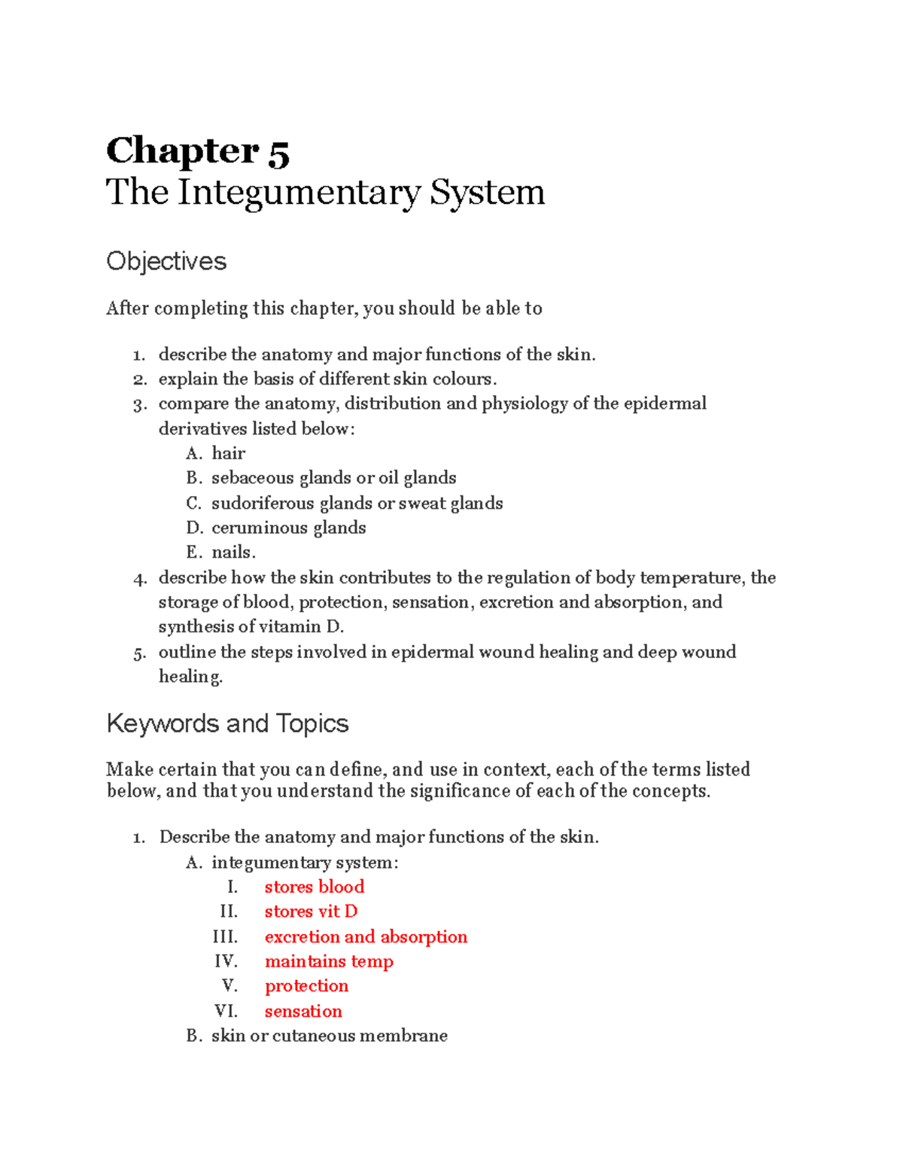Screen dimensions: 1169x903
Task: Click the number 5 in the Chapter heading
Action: point(278,152)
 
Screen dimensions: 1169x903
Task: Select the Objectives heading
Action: point(166,261)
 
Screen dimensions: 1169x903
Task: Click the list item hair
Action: point(228,453)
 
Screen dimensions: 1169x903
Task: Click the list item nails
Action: point(233,553)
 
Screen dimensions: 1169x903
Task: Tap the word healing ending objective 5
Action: point(190,677)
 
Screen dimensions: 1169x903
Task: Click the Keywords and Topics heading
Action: point(227,723)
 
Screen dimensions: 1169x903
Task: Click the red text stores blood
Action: point(314,887)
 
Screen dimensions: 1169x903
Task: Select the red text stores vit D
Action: point(311,912)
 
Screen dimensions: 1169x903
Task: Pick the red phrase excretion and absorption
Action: point(366,936)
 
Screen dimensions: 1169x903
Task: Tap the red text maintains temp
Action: point(329,961)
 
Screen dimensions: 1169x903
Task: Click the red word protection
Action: point(306,986)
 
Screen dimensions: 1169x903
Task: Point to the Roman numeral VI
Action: point(226,1011)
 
